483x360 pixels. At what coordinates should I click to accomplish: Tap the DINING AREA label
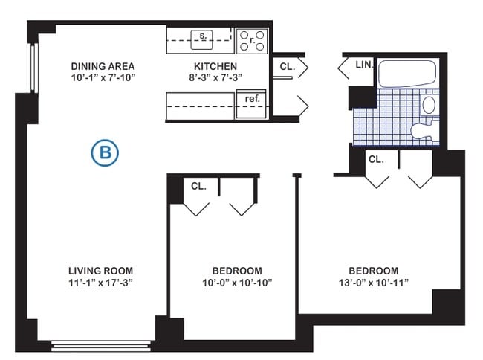click(x=103, y=65)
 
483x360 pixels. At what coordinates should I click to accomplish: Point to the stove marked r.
click(x=252, y=41)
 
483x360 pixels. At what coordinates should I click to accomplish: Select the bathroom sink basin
click(x=429, y=104)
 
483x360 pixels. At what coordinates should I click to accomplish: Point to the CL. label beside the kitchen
click(x=287, y=66)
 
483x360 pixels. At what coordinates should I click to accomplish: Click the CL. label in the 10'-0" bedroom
click(x=198, y=186)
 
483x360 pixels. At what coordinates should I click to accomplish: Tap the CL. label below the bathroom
click(x=376, y=159)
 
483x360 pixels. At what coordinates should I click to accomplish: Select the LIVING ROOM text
click(x=101, y=270)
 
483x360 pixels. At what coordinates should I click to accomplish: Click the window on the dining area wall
click(x=32, y=68)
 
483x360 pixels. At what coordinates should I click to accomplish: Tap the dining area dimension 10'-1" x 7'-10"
click(x=103, y=77)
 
